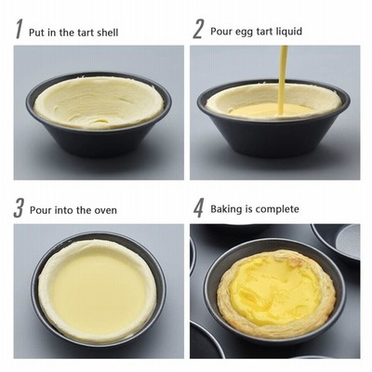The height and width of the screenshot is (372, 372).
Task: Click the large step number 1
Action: pos(20,29)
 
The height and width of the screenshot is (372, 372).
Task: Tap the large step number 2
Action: pos(198,29)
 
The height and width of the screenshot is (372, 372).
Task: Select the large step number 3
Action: pos(19,208)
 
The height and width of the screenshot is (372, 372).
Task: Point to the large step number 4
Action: pos(198,208)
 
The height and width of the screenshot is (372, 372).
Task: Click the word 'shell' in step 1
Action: pos(108,33)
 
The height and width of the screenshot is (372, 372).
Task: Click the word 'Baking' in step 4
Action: pos(227,209)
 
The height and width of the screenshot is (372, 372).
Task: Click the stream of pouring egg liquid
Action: pos(282,80)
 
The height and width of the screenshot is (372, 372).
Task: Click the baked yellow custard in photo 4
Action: pos(274,289)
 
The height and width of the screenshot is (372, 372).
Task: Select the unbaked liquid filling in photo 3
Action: pos(98,289)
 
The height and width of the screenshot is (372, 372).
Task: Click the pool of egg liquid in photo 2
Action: pos(271,110)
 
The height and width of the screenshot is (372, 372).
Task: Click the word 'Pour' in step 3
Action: pos(40,210)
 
